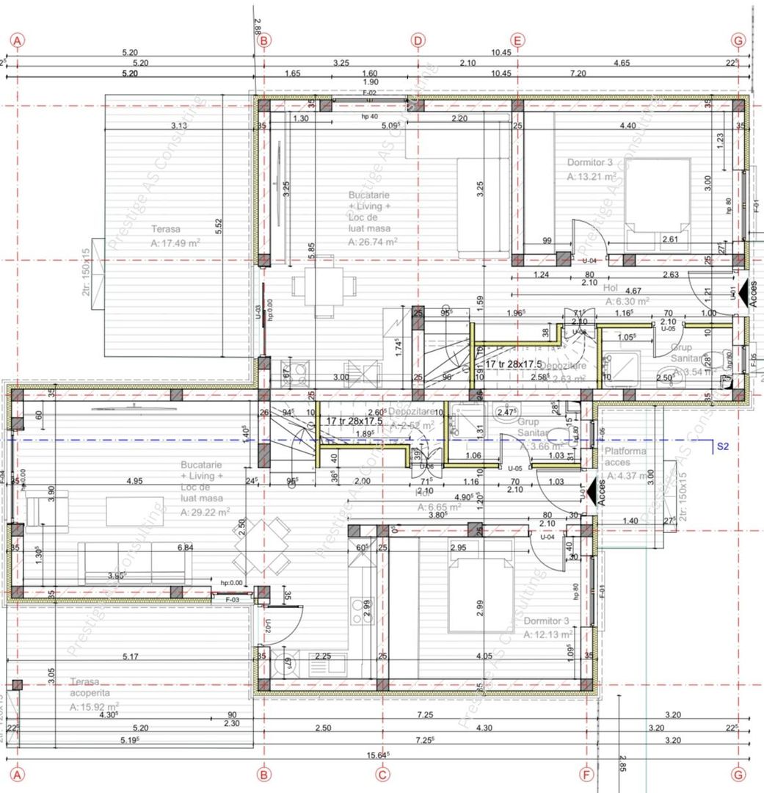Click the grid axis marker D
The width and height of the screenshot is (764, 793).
[418, 40]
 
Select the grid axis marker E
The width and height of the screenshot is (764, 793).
[517, 40]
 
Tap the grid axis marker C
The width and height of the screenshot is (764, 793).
[382, 773]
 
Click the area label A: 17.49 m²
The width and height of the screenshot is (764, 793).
[175, 243]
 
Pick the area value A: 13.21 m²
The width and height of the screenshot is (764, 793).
[592, 177]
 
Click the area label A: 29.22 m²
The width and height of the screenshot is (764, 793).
[205, 513]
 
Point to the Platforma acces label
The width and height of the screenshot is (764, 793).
[626, 457]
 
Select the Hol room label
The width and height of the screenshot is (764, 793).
[610, 289]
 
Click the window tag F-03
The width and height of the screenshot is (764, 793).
[233, 600]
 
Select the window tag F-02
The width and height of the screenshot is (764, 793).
[369, 93]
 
